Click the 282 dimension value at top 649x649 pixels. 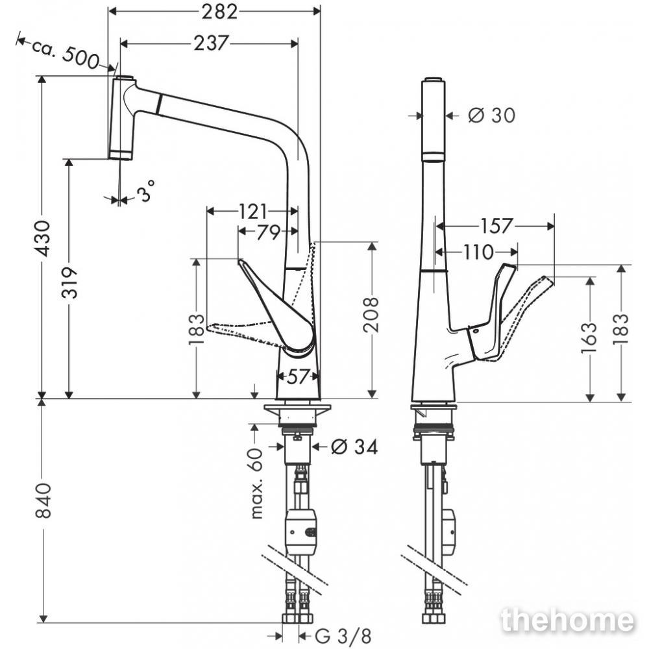click(220, 12)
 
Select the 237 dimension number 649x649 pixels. click(211, 43)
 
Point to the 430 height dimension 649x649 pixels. click(43, 238)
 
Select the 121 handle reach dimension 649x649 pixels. click(253, 212)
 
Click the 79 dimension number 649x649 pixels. click(269, 232)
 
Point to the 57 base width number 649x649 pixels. click(298, 376)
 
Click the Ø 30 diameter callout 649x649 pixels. click(492, 115)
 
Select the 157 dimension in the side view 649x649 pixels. click(496, 226)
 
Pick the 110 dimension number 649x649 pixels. click(478, 252)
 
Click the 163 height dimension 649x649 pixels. click(589, 338)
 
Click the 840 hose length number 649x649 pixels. click(43, 500)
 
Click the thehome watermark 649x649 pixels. click(567, 620)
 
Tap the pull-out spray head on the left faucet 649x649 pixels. click(122, 117)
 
